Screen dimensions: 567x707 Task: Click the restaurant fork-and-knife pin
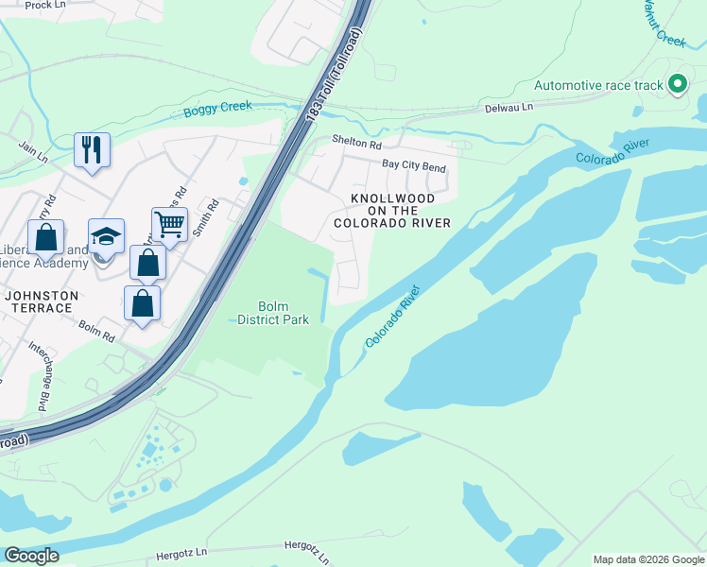pyautogui.click(x=92, y=150)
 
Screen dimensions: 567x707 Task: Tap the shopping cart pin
pyautogui.click(x=169, y=226)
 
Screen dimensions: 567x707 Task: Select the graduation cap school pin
pyautogui.click(x=106, y=237)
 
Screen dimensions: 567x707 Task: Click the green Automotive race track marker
pyautogui.click(x=677, y=85)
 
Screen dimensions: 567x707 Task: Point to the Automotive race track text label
pyautogui.click(x=599, y=85)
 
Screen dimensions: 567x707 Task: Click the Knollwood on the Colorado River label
pyautogui.click(x=391, y=210)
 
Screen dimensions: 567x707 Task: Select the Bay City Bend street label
pyautogui.click(x=413, y=166)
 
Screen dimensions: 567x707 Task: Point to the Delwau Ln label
pyautogui.click(x=509, y=107)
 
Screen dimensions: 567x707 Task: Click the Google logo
pyautogui.click(x=31, y=556)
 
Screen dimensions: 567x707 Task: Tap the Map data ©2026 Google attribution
pyautogui.click(x=648, y=559)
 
